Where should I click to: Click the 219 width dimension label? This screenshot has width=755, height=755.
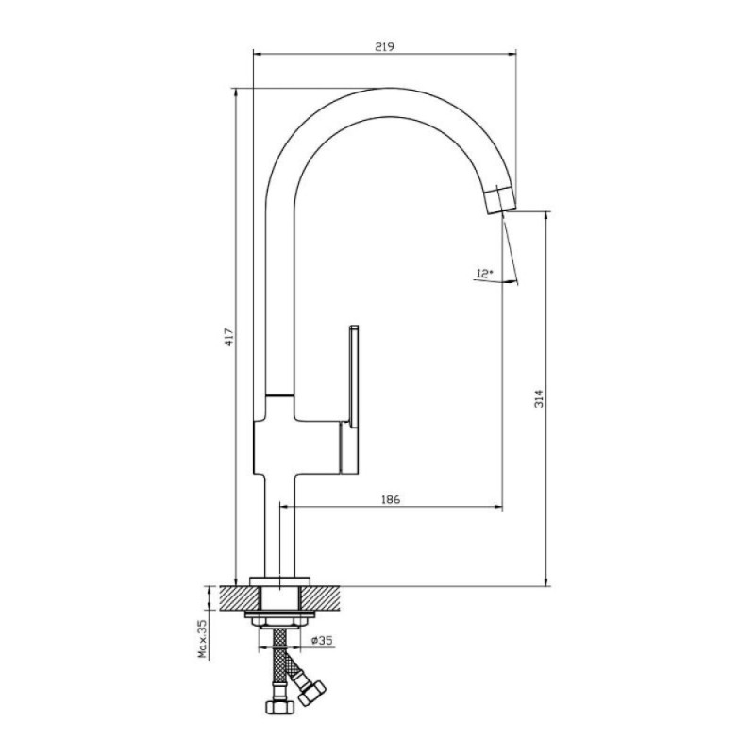click(384, 46)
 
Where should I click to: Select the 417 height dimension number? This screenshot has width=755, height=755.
click(229, 337)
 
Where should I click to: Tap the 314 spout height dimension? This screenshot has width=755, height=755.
click(539, 398)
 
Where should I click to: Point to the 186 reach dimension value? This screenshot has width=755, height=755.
click(391, 499)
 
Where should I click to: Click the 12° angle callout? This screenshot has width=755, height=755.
click(484, 274)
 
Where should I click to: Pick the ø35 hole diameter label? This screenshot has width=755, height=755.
click(322, 640)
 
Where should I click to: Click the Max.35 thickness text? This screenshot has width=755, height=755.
click(203, 639)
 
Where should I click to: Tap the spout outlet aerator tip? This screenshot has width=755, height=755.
click(500, 200)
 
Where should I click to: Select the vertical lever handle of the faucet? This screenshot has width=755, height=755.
click(353, 376)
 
